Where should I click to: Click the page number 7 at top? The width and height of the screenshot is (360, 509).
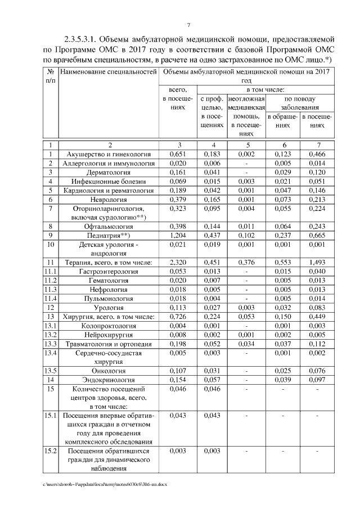pyautogui.click(x=189, y=24)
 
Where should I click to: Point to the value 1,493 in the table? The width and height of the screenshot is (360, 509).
pyautogui.click(x=317, y=262)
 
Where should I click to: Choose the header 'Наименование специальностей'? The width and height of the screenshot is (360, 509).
pyautogui.click(x=107, y=72)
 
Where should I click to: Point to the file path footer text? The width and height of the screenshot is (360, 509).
pyautogui.click(x=105, y=484)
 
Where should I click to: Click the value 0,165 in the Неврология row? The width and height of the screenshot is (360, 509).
pyautogui.click(x=212, y=199)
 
